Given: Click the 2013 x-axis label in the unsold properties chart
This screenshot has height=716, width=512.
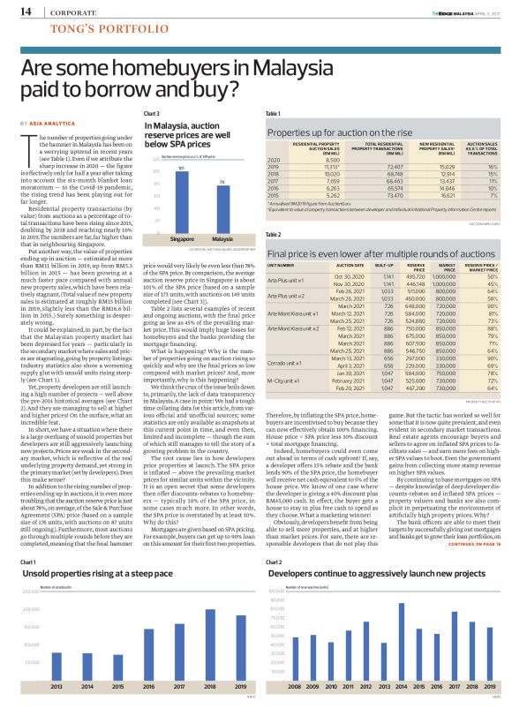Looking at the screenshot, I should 56,685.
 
